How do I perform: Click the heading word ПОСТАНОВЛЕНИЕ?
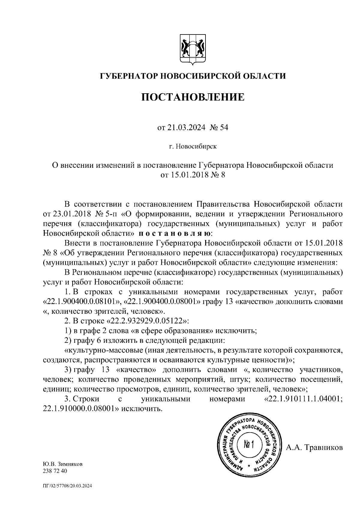point(193,97)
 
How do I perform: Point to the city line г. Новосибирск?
point(192,147)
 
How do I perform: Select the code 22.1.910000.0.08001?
point(78,409)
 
